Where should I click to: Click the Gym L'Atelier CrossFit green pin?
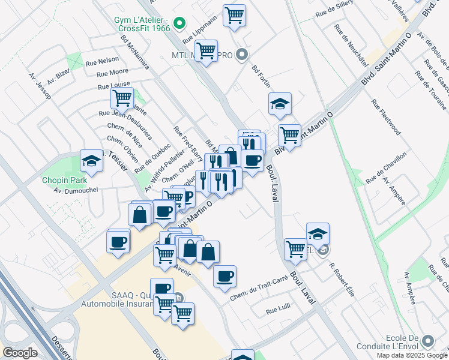point(178,25)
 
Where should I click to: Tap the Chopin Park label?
point(64,179)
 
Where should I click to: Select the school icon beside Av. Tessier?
point(91,161)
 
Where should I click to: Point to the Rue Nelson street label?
point(102,61)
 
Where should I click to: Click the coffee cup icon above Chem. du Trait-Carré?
point(224,276)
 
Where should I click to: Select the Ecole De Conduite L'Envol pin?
point(429,341)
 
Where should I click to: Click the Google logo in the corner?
point(19,353)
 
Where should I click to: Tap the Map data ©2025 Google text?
point(412,355)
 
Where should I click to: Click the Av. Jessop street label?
point(39,87)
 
